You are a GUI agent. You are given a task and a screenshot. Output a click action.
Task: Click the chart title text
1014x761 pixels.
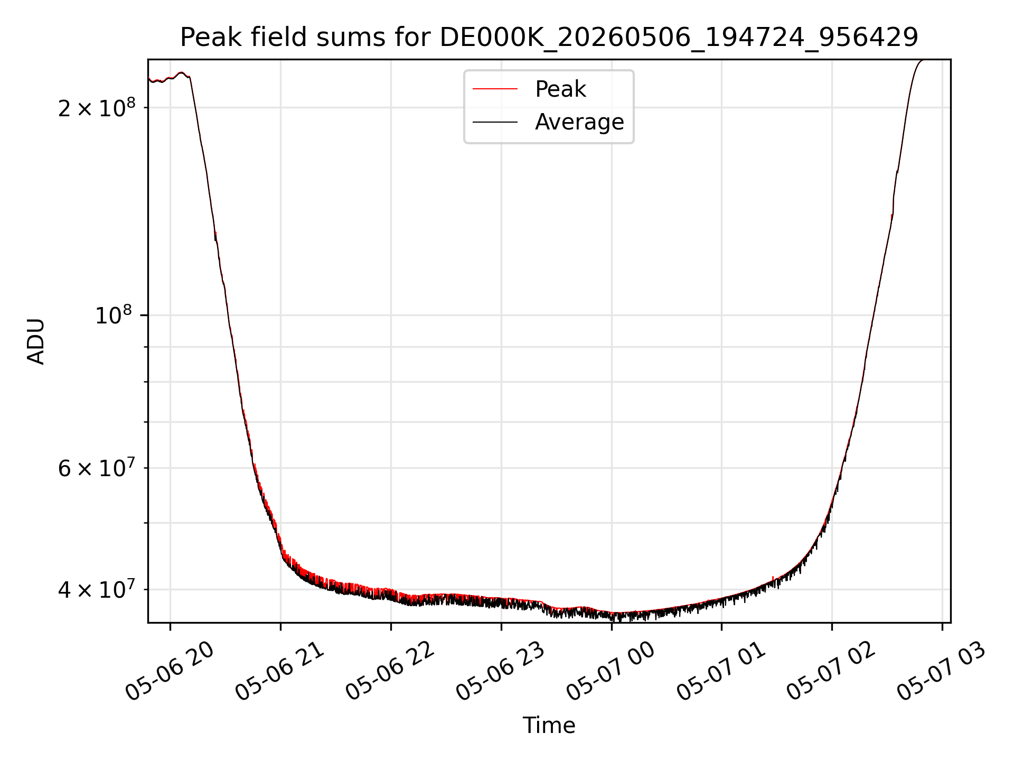549,38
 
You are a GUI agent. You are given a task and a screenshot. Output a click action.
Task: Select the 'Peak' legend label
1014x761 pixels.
560,89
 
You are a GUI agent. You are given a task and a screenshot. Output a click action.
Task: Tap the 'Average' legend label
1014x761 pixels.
579,122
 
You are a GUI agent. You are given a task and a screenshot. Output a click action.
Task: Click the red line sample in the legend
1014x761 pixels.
495,89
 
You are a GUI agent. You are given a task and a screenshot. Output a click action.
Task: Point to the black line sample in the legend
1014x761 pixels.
495,122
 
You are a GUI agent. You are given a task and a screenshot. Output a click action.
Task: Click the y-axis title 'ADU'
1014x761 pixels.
36,341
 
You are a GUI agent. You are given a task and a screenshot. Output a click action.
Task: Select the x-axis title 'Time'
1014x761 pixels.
549,726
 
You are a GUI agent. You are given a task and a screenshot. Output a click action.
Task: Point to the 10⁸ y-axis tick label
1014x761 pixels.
113,315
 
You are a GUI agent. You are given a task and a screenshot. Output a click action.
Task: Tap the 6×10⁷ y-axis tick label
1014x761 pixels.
97,467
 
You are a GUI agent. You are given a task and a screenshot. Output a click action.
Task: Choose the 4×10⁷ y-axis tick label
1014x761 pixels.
97,589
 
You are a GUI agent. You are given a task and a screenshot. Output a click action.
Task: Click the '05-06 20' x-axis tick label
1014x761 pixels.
170,671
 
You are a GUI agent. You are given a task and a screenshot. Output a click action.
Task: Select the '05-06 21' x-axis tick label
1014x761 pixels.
280,671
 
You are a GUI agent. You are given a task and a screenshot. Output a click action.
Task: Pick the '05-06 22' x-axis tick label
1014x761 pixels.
391,671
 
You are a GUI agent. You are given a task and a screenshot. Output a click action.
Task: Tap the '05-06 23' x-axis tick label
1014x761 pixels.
501,671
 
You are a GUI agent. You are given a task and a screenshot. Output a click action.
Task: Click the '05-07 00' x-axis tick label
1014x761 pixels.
612,671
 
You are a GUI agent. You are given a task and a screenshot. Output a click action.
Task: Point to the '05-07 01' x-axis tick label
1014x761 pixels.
722,671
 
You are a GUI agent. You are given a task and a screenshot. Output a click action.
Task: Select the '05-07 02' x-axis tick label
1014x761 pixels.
832,671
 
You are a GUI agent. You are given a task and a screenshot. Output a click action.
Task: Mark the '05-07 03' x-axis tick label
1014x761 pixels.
943,671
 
